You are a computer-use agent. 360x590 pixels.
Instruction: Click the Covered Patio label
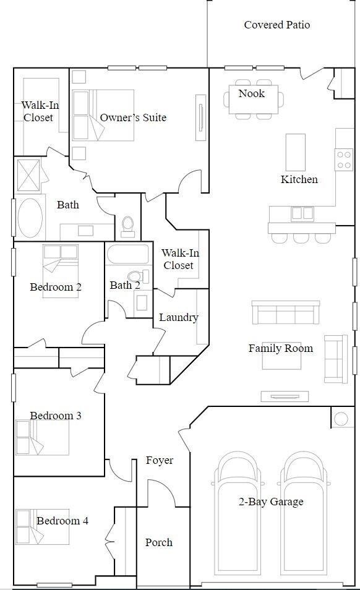tap(276, 25)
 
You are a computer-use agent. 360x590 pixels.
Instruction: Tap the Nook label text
tap(251, 93)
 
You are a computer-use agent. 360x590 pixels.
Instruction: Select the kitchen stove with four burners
tap(343, 159)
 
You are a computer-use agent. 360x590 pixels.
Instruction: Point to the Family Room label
tap(280, 348)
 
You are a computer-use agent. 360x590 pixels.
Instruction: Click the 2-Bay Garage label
tap(271, 502)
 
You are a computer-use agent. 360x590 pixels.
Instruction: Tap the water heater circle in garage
tap(341, 419)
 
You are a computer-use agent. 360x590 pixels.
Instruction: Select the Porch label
tap(159, 542)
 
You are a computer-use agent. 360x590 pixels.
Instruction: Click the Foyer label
tap(160, 460)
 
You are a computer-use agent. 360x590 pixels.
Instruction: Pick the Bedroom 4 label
tap(62, 521)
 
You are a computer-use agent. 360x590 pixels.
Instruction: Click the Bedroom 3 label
tap(56, 416)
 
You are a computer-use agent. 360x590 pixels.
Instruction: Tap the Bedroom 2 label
tap(56, 287)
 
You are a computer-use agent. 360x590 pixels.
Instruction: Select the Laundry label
tap(178, 317)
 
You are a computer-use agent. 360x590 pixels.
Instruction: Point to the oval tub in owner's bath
tap(30, 217)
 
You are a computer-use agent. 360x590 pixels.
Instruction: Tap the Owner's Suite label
tap(133, 118)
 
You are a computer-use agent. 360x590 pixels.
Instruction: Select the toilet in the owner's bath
tap(128, 225)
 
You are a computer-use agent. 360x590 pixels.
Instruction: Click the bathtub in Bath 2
tap(127, 255)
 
